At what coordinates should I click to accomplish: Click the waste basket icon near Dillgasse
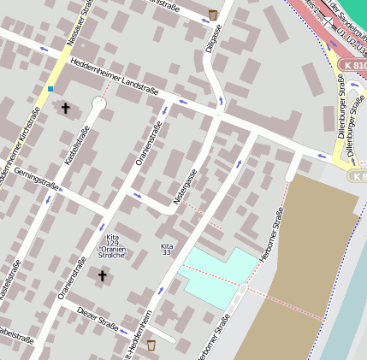click(212, 15)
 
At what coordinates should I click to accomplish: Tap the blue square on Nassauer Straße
click(50, 88)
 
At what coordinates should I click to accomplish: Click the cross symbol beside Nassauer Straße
click(65, 108)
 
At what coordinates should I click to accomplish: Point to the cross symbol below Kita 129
click(102, 275)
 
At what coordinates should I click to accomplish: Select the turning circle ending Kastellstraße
click(98, 103)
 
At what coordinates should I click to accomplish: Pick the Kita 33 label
click(166, 249)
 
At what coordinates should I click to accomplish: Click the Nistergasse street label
click(186, 185)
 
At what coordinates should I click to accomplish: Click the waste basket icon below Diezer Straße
click(151, 345)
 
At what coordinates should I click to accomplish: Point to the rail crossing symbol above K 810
click(329, 21)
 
